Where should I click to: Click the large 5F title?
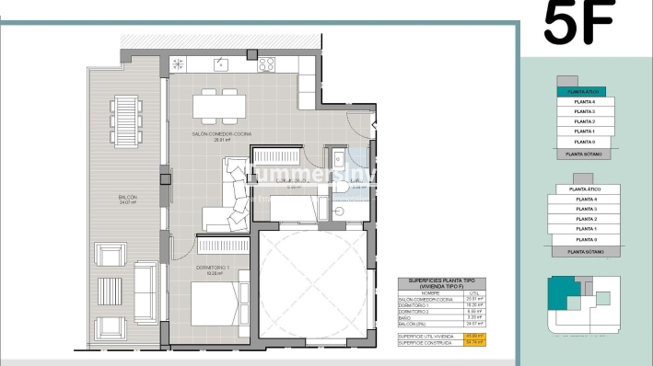pyautogui.click(x=577, y=24)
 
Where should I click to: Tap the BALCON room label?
pyautogui.click(x=127, y=200)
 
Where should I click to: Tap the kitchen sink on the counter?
pyautogui.click(x=221, y=64)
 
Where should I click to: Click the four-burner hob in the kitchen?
pyautogui.click(x=267, y=64)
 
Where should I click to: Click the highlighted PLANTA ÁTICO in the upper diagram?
pyautogui.click(x=584, y=92)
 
